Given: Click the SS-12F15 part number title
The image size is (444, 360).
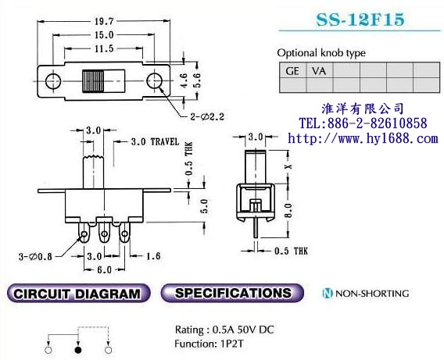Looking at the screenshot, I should pos(360,20).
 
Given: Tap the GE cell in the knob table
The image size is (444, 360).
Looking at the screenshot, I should pos(293,70).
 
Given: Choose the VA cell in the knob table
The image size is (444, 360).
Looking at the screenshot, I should pos(320,70).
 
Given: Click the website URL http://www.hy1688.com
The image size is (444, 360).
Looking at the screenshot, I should pos(363,138).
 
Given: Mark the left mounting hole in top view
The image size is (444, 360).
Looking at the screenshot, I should pos(54,80).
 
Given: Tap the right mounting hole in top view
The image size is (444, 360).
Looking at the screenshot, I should pos(155,80).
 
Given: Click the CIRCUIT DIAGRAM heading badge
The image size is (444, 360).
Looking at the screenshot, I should pos(77,294).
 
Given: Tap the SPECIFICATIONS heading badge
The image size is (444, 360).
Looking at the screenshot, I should pos(233,294).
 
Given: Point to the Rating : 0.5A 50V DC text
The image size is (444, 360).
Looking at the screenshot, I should pos(224,329).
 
